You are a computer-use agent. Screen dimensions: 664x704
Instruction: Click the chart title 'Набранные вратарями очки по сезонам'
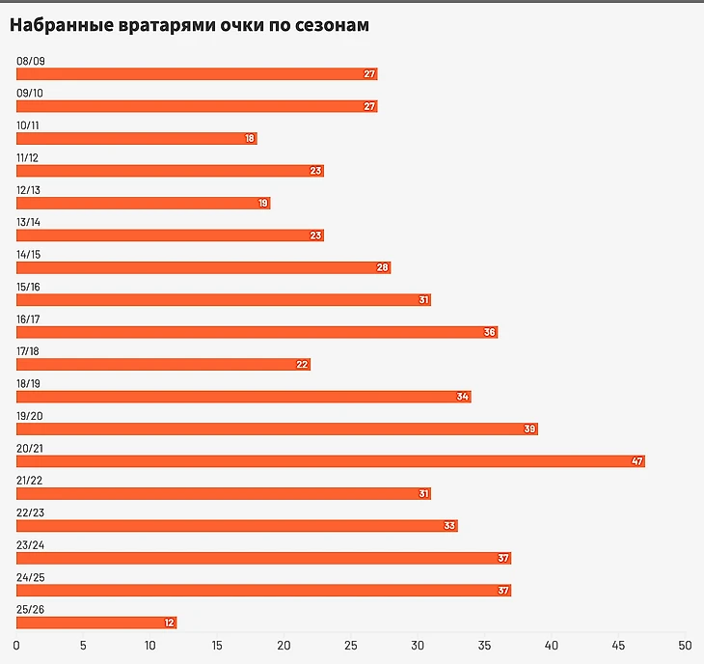(x=189, y=26)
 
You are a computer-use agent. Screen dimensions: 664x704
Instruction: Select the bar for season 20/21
(x=330, y=461)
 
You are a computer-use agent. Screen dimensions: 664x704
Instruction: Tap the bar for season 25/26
(x=96, y=622)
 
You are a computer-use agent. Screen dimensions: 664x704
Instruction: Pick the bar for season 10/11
(x=136, y=139)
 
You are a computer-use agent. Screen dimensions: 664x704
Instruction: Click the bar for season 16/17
(x=257, y=332)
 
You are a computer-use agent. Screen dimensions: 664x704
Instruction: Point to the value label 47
(x=637, y=461)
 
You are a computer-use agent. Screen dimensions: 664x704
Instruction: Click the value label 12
(x=170, y=622)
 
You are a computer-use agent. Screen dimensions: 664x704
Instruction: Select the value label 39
(x=529, y=429)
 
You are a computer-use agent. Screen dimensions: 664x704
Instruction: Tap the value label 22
(x=303, y=365)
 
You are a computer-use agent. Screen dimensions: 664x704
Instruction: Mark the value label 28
(x=383, y=267)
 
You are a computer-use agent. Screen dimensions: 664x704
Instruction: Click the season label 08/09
(x=31, y=61)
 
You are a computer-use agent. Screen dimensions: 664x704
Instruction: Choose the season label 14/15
(x=30, y=255)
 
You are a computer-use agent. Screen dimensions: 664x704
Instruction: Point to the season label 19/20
(x=31, y=416)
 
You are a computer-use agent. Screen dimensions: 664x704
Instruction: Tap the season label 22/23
(x=31, y=512)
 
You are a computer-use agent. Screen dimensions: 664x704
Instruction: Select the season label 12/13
(x=30, y=190)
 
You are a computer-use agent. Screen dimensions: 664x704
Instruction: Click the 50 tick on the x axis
(x=684, y=644)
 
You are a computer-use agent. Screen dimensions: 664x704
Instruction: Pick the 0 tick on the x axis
(x=16, y=644)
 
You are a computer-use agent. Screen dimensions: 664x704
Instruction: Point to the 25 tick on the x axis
(x=351, y=644)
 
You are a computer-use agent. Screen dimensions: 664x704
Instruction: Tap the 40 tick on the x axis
(x=551, y=644)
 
